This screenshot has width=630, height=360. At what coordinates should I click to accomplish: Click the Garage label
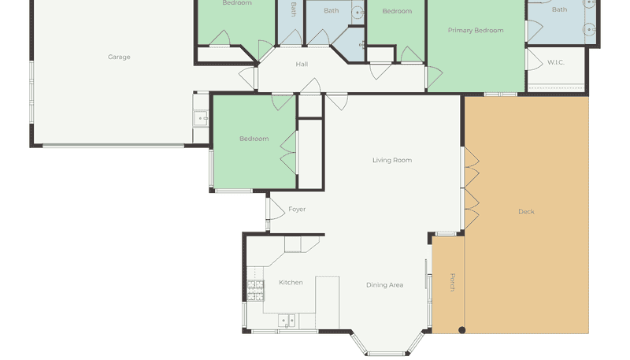[119, 57]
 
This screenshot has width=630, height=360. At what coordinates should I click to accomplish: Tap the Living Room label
[392, 161]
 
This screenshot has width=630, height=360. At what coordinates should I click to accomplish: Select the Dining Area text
[384, 285]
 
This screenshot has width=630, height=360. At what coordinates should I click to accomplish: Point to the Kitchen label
[291, 283]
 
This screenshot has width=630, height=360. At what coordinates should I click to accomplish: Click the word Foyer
[297, 210]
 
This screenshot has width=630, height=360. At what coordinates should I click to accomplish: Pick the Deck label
[526, 212]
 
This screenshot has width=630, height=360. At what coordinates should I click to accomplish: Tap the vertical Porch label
[452, 282]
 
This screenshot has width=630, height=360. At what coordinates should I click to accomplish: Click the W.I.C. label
[556, 62]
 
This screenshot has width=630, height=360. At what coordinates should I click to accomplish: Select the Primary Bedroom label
[476, 30]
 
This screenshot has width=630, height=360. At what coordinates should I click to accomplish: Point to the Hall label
[302, 64]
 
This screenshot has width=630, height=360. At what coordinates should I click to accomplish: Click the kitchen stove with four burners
[255, 291]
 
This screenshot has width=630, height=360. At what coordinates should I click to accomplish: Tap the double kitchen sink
[287, 321]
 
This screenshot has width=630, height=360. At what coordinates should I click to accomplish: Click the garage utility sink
[201, 119]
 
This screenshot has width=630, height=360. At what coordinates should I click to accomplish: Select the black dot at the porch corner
[462, 330]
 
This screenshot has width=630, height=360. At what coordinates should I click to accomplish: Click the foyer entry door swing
[276, 209]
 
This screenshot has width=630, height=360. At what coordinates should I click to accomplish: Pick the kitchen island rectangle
[327, 302]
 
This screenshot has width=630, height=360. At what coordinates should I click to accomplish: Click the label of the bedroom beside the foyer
[254, 139]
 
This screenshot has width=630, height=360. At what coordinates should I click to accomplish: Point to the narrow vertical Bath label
[293, 9]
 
